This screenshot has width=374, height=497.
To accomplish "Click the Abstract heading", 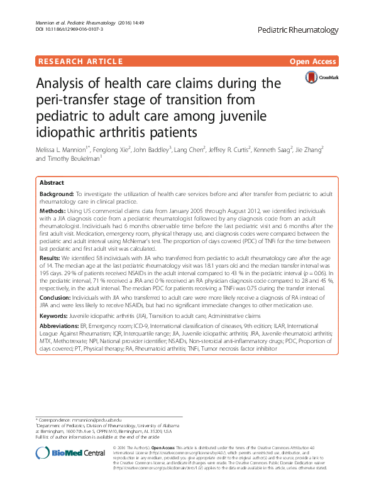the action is (x=52, y=182).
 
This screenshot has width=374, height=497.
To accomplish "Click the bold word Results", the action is (x=50, y=258).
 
